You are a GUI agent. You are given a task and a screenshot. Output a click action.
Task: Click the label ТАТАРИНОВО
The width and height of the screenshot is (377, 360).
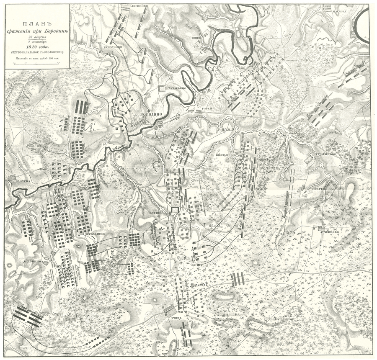tap(323, 154)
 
